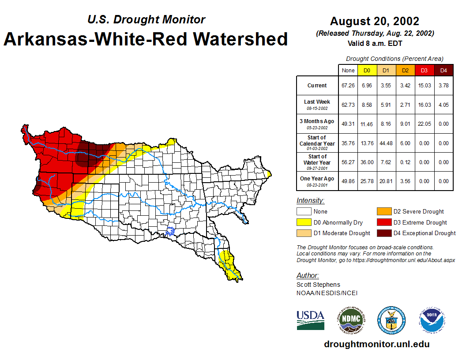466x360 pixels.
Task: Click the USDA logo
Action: click(x=310, y=320)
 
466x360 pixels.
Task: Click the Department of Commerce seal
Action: click(x=391, y=320)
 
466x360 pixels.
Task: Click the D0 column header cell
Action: click(x=367, y=71)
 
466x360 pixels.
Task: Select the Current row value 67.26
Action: click(x=348, y=86)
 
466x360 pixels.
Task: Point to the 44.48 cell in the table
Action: click(x=386, y=143)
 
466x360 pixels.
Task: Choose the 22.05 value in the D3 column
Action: click(x=424, y=124)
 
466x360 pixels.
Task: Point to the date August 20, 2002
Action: click(x=375, y=21)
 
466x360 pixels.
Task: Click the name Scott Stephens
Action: click(x=318, y=285)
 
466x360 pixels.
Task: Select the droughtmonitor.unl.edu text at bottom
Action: click(x=376, y=344)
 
